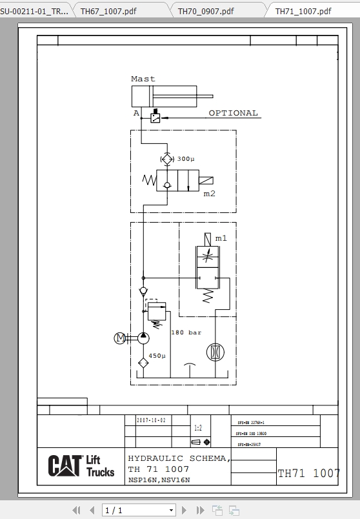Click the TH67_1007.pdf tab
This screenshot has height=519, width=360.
pyautogui.click(x=108, y=10)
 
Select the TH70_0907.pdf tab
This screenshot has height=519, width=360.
pyautogui.click(x=206, y=10)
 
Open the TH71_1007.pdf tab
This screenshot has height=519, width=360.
pyautogui.click(x=303, y=10)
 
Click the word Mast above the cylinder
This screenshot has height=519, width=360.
pyautogui.click(x=143, y=79)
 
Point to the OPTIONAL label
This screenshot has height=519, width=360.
pyautogui.click(x=233, y=113)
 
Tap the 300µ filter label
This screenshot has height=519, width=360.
pyautogui.click(x=186, y=159)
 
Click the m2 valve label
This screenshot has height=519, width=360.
pyautogui.click(x=210, y=193)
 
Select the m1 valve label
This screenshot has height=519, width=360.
pyautogui.click(x=221, y=238)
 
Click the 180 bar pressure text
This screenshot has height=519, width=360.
pyautogui.click(x=186, y=332)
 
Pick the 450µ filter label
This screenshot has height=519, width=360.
pyautogui.click(x=157, y=356)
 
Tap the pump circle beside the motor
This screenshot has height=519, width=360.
pyautogui.click(x=143, y=338)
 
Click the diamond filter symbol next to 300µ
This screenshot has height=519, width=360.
pyautogui.click(x=166, y=159)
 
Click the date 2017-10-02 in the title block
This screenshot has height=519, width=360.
pyautogui.click(x=151, y=420)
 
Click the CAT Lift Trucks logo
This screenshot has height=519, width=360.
pyautogui.click(x=81, y=466)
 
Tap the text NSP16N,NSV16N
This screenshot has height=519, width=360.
pyautogui.click(x=159, y=480)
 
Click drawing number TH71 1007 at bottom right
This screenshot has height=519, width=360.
pyautogui.click(x=308, y=473)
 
